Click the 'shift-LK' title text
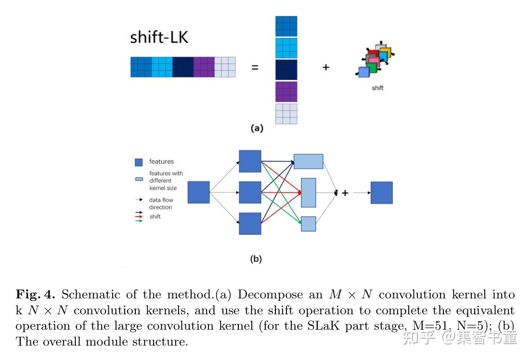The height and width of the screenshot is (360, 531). point(159,38)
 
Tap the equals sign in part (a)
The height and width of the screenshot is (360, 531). point(255,67)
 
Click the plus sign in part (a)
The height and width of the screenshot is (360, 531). point(326,67)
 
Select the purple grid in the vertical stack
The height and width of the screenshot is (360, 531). point(286,91)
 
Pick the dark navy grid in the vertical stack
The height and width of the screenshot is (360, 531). point(286,69)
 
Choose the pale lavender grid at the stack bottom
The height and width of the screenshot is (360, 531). point(286,114)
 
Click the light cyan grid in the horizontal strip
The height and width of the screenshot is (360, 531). point(162,67)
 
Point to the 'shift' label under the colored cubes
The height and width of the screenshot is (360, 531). point(377,88)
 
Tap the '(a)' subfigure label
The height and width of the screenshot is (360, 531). point(257,129)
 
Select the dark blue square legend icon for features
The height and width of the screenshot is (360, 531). point(139,162)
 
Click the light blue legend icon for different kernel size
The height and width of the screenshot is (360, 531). point(139,179)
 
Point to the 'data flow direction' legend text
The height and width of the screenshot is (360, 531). point(161,204)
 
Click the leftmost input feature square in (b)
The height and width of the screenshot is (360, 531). point(198,193)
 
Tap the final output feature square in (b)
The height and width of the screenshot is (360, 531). point(381,193)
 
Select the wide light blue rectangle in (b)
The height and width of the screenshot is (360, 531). point(308,161)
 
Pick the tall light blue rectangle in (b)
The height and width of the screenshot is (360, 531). point(308,193)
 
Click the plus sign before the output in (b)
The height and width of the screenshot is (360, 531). point(345,193)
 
